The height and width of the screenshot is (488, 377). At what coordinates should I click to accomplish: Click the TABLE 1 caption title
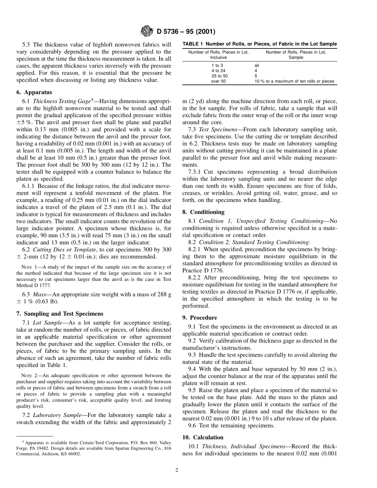point(260,44)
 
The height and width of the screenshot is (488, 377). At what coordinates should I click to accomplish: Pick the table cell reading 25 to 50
point(219,75)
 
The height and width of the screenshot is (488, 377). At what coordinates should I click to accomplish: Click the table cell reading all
point(257,65)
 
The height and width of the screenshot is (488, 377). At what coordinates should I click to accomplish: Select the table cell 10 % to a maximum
point(294,81)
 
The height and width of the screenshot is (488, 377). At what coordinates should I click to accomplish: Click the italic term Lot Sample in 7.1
point(48,323)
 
